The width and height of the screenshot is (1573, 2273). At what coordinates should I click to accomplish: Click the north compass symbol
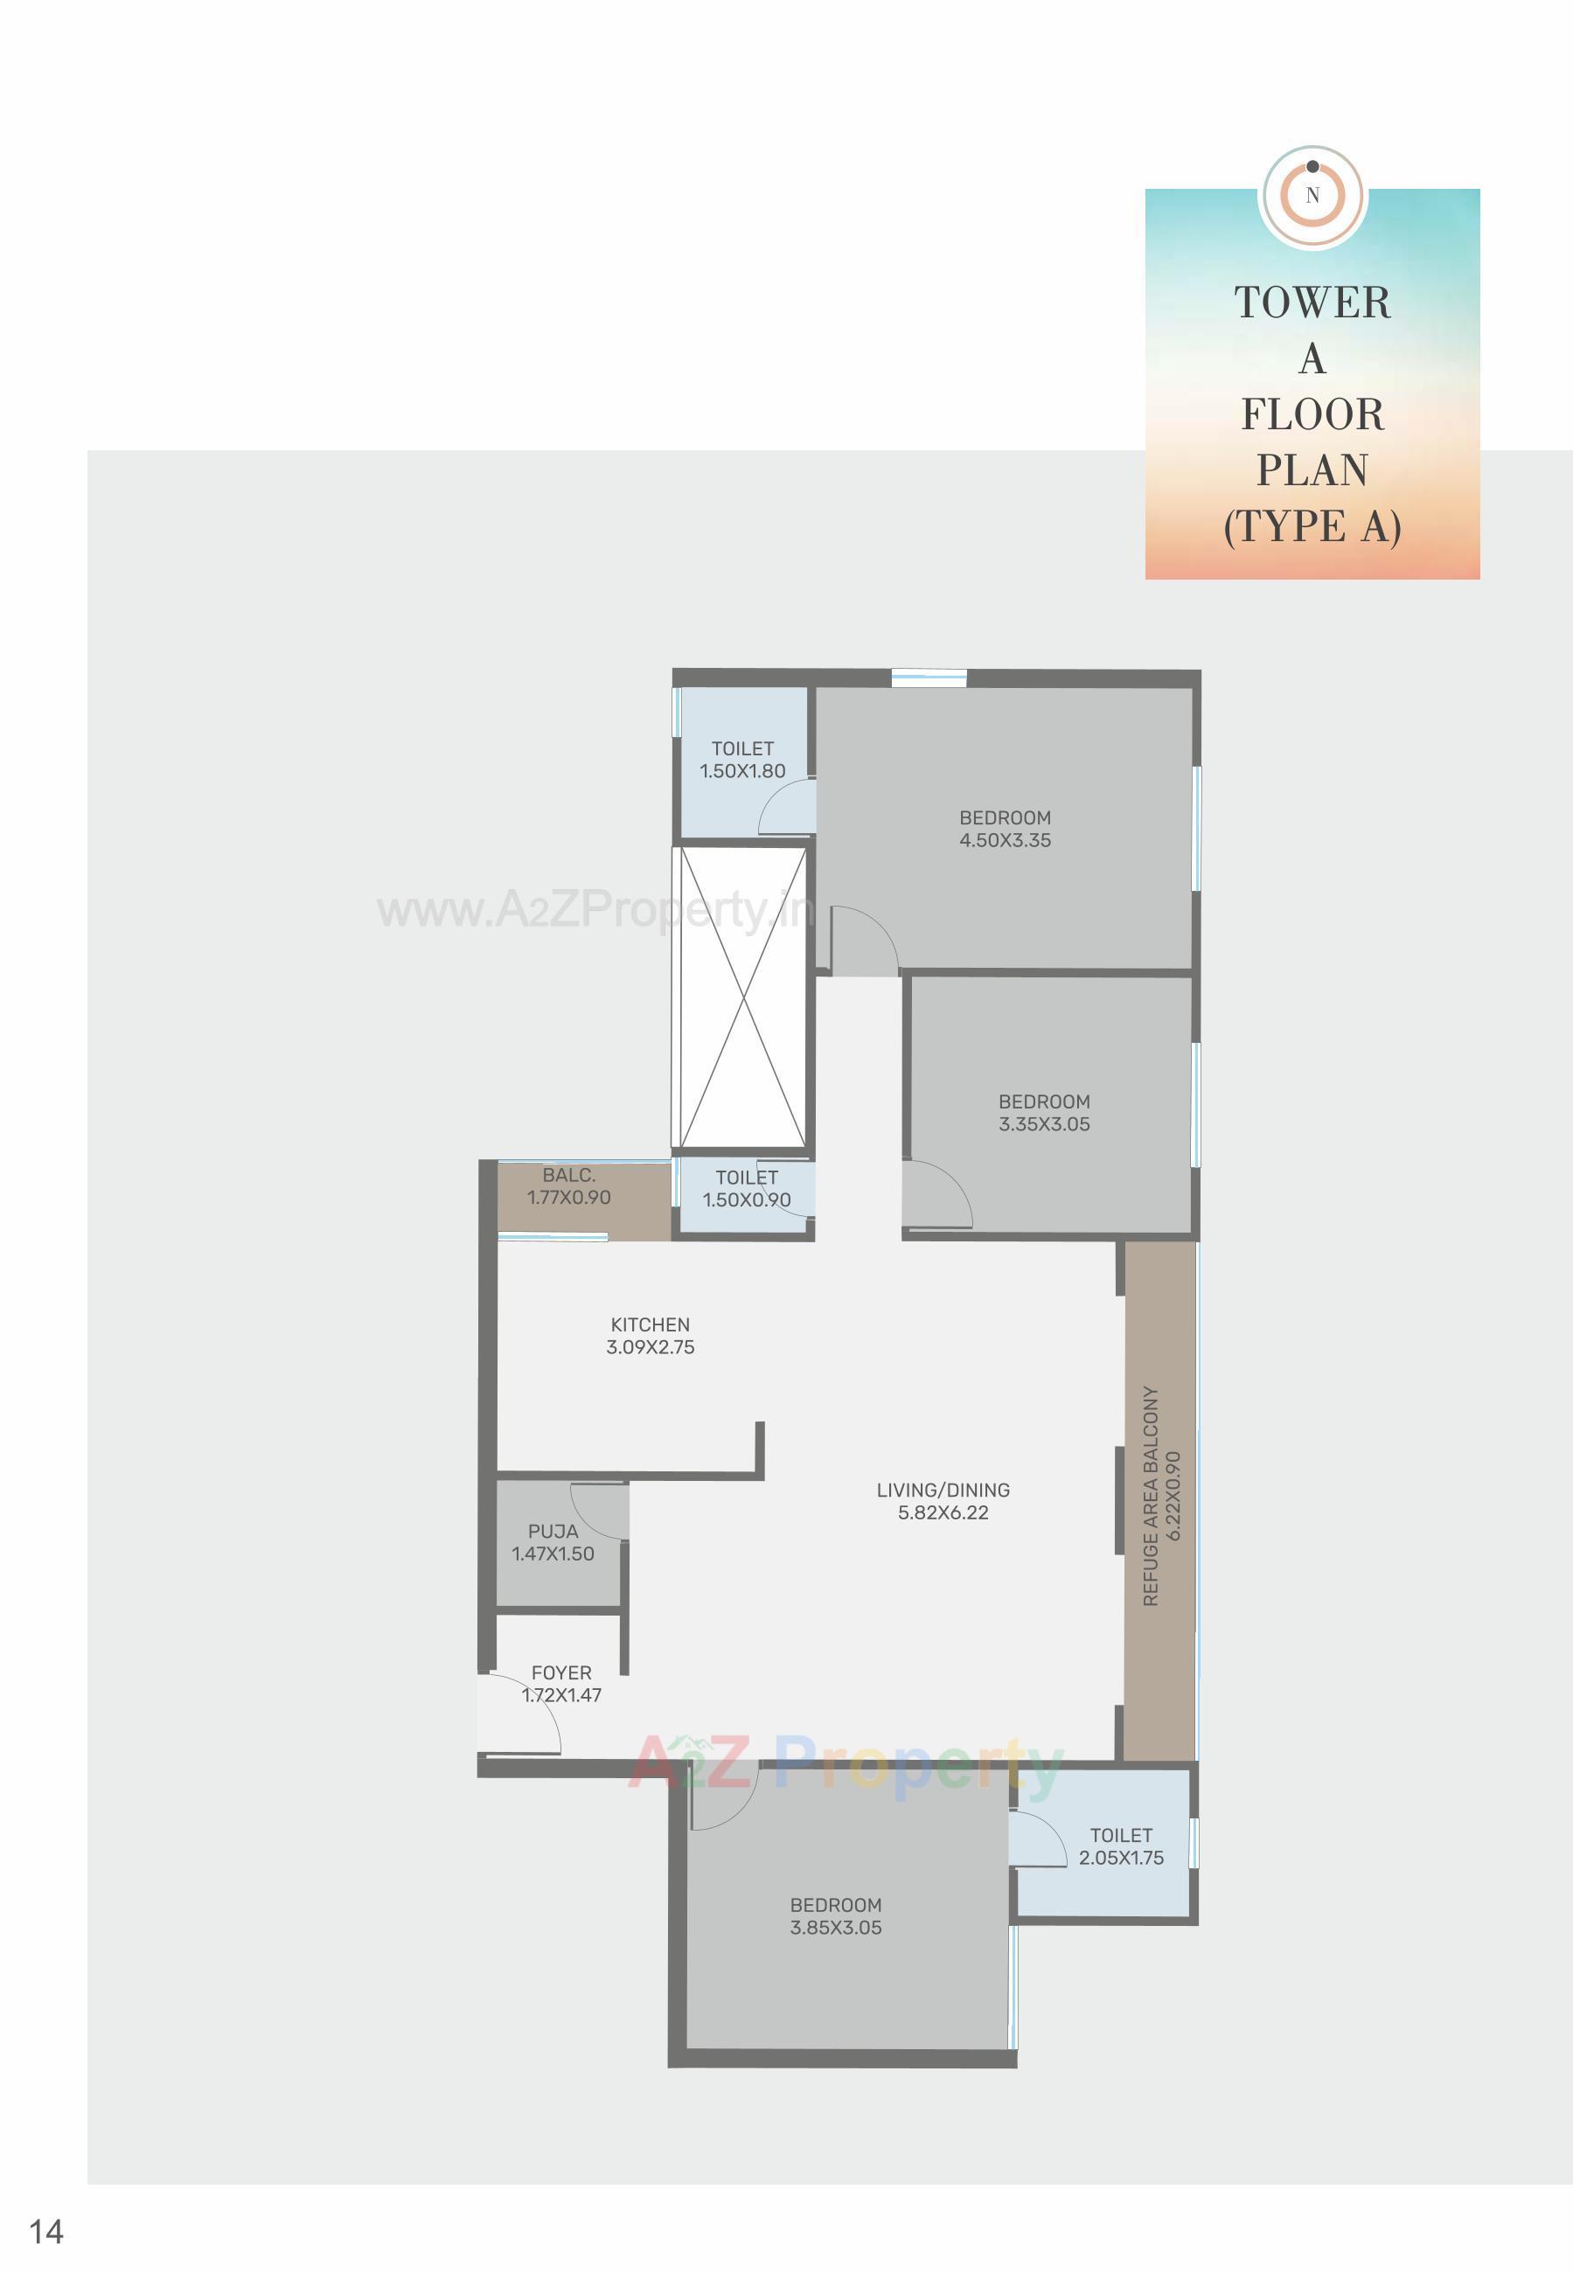(x=1312, y=195)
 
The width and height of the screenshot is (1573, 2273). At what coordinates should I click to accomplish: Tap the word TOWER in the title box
(x=1312, y=302)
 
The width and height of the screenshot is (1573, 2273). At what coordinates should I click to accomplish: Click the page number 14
(x=46, y=2232)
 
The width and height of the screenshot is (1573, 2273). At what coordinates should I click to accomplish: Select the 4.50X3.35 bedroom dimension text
(x=1005, y=840)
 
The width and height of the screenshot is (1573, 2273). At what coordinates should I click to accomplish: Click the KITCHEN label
(x=650, y=1325)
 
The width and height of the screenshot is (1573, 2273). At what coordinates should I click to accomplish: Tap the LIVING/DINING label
(x=943, y=1491)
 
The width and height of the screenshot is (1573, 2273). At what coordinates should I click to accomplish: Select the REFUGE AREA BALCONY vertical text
(x=1150, y=1497)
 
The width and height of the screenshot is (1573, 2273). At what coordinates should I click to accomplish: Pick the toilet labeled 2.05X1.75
(x=1121, y=1846)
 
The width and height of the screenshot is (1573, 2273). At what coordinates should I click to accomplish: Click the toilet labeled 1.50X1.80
(x=742, y=760)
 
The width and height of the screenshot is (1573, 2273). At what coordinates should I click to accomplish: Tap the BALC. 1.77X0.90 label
(x=568, y=1186)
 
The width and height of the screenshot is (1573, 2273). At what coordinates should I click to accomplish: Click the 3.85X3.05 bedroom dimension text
(x=835, y=1929)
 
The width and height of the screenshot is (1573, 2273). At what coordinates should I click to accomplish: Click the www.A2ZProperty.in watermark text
(x=595, y=909)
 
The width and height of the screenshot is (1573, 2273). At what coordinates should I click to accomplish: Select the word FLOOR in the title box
(x=1312, y=414)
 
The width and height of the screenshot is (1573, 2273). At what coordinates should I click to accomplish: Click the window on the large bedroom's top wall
(x=929, y=677)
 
